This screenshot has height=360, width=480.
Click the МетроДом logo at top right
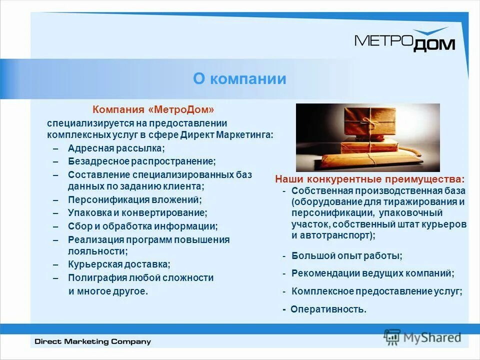point(404,40)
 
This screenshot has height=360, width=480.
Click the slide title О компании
point(239,79)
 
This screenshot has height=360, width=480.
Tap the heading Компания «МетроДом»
point(154,109)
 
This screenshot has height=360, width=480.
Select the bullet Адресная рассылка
point(116,148)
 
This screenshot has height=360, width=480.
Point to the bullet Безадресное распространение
point(141,161)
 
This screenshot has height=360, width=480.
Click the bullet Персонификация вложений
point(134,199)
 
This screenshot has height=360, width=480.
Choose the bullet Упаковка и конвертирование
point(137,212)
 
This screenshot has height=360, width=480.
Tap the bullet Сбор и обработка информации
point(142,226)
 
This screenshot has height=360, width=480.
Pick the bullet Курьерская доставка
point(119,264)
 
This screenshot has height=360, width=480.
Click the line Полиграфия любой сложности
point(140,278)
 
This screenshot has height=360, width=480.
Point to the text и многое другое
point(108,291)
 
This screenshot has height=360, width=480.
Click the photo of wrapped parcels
point(367,137)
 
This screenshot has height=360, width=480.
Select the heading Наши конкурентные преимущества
point(369,179)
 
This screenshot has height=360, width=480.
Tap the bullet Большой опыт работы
point(347,256)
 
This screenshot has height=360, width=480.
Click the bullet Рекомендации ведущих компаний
point(372,273)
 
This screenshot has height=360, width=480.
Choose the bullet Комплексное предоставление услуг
point(376,291)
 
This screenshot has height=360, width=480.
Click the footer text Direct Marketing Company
point(92,342)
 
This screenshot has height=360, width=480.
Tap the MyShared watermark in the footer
point(422,337)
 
